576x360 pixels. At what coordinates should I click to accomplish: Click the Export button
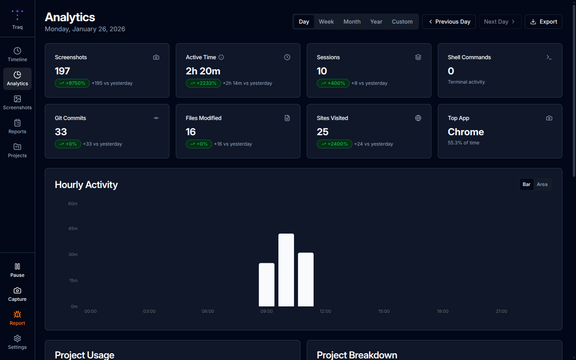coord(543,22)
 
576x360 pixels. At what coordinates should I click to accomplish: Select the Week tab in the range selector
coord(326,22)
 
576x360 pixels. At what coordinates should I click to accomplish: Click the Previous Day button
coord(449,22)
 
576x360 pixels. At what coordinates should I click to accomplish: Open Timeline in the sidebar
coord(17,54)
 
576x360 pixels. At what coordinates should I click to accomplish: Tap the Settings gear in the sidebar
coord(17,342)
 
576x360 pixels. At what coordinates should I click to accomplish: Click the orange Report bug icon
coord(17,314)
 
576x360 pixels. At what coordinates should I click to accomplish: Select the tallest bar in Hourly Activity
coord(286,270)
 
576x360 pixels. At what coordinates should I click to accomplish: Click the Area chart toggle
coord(542,184)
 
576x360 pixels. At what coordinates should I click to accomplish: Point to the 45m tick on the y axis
coord(73,228)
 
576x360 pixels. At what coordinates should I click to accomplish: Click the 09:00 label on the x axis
coord(266,311)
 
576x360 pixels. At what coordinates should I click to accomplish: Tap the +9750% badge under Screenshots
coord(72,83)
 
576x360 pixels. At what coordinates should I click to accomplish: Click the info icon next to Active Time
coord(221,57)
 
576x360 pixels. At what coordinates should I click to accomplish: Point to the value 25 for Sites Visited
coord(322,132)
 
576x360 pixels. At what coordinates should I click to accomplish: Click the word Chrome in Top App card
coord(466,132)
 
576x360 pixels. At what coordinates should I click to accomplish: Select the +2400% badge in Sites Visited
coord(334,144)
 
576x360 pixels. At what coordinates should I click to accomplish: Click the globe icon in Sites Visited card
coord(418,118)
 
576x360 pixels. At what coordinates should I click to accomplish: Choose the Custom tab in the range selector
coord(402,22)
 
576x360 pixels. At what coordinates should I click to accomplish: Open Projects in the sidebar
coord(17,150)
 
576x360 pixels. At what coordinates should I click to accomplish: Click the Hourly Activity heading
coord(86,184)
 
